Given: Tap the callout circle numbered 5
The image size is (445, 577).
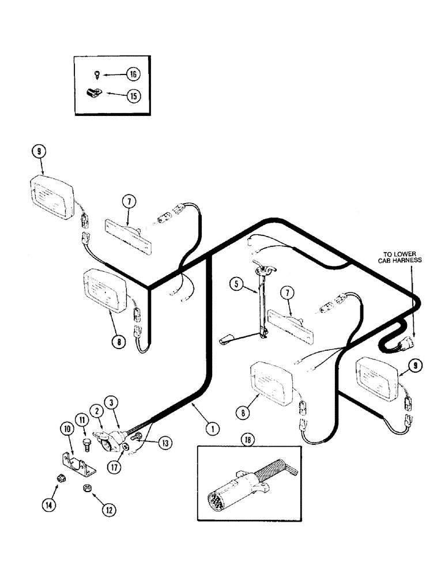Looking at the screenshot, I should (x=235, y=283).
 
